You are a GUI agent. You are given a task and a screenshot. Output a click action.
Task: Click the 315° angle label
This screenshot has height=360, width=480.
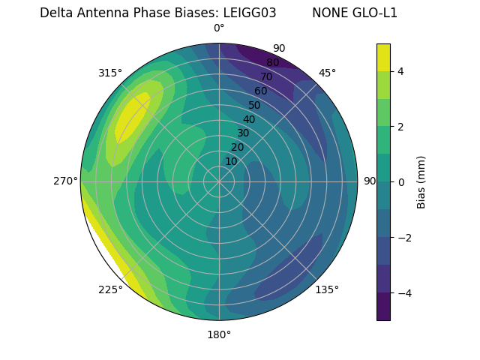tap(110, 73)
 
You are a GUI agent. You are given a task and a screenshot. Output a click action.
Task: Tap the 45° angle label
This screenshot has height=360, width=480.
tap(327, 73)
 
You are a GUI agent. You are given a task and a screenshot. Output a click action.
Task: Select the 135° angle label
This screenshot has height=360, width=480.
tap(327, 289)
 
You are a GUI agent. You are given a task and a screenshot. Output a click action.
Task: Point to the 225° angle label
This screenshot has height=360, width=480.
tap(110, 289)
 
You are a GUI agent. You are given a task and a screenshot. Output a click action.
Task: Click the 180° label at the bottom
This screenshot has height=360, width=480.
tap(219, 334)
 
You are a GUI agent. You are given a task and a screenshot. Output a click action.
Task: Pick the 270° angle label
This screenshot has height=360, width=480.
tap(66, 181)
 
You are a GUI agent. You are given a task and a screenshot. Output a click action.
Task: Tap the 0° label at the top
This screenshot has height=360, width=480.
tap(219, 28)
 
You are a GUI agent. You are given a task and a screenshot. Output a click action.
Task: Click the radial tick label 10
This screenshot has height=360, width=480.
tap(231, 161)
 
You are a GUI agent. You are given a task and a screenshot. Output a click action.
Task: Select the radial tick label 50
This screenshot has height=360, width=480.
tap(255, 106)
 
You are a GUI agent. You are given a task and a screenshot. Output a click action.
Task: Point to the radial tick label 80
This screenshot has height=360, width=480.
tap(273, 63)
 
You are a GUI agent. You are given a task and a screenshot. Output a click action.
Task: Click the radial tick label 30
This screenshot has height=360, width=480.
tap(243, 133)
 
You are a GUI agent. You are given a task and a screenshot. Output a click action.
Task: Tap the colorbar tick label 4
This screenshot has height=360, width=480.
tap(401, 71)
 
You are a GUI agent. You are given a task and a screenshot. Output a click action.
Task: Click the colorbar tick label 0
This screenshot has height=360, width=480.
tap(401, 182)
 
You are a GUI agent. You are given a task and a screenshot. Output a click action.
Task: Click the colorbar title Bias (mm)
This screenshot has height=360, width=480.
tap(421, 181)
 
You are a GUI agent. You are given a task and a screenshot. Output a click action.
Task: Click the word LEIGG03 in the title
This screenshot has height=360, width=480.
tap(250, 13)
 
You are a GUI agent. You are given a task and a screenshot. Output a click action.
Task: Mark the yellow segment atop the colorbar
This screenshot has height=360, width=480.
tap(383, 57)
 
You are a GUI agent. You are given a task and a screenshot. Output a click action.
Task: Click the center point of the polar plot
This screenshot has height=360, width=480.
tap(219, 181)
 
